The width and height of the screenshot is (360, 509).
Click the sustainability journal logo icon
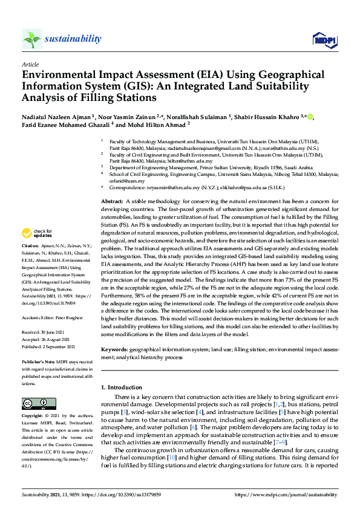click(31, 39)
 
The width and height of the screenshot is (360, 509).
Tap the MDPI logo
click(324, 40)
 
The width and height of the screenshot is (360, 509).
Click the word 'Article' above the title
click(30, 64)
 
